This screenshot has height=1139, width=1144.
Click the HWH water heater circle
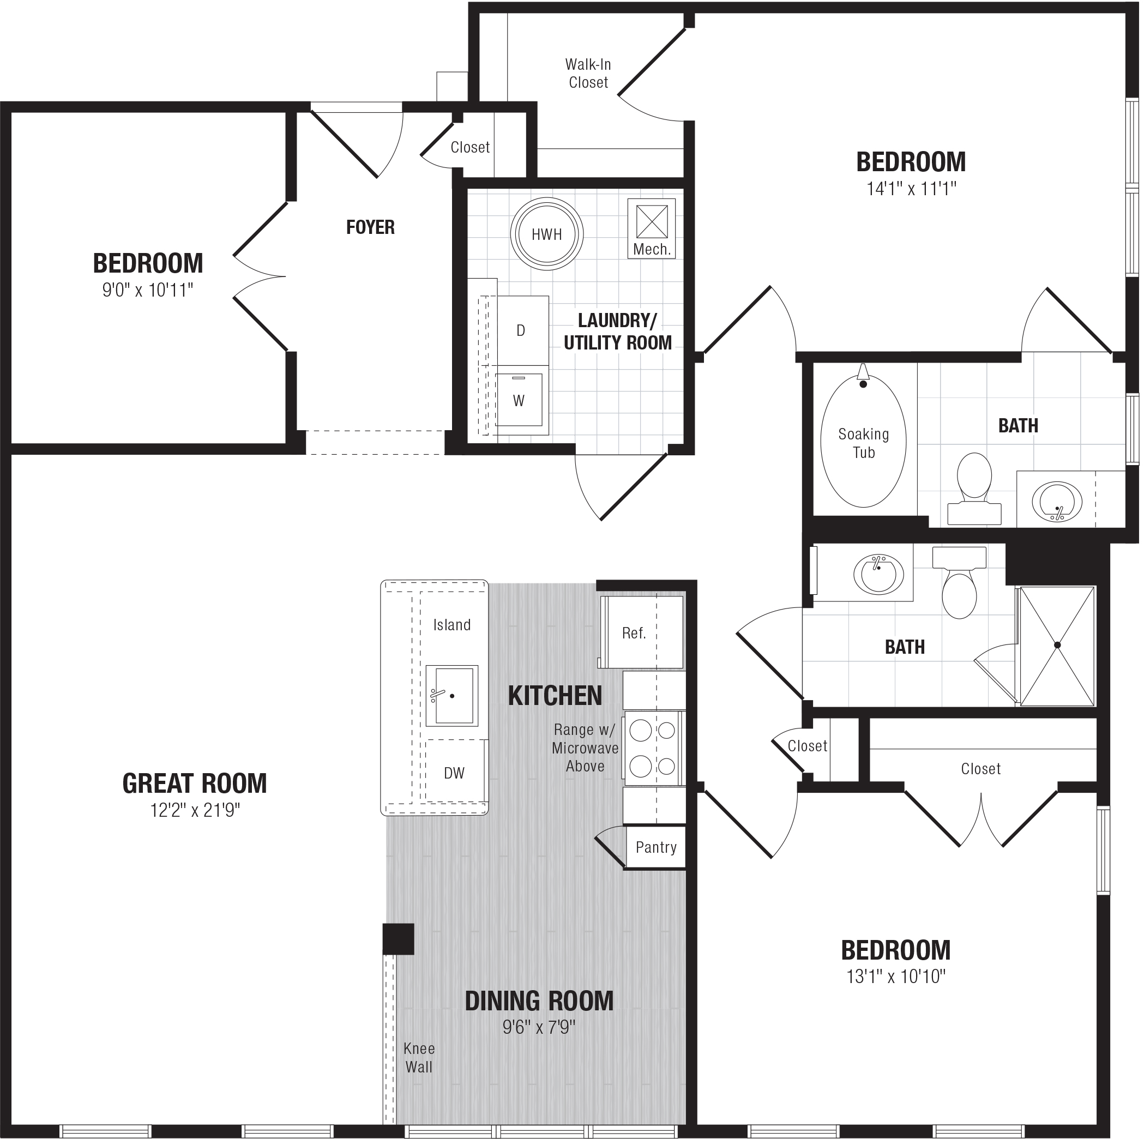pyautogui.click(x=546, y=234)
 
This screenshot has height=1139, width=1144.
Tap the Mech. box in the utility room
pyautogui.click(x=652, y=228)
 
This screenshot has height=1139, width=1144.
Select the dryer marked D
pyautogui.click(x=523, y=330)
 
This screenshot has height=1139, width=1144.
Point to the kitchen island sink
pyautogui.click(x=452, y=696)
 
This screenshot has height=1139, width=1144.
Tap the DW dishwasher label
pyautogui.click(x=454, y=773)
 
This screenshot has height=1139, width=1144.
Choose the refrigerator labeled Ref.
pyautogui.click(x=641, y=632)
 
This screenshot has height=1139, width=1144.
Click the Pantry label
pyautogui.click(x=656, y=847)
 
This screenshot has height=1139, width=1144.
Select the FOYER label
pyautogui.click(x=370, y=227)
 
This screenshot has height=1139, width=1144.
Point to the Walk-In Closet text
pyautogui.click(x=588, y=73)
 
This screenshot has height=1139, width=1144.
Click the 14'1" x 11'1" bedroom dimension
pyautogui.click(x=911, y=189)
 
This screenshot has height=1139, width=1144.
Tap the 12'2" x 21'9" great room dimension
pyautogui.click(x=195, y=810)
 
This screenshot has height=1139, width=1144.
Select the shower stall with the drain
pyautogui.click(x=1057, y=645)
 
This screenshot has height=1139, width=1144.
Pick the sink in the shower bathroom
pyautogui.click(x=879, y=574)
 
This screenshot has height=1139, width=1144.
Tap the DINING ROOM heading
pyautogui.click(x=539, y=1001)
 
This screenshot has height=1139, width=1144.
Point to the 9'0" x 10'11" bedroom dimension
pyautogui.click(x=148, y=290)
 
